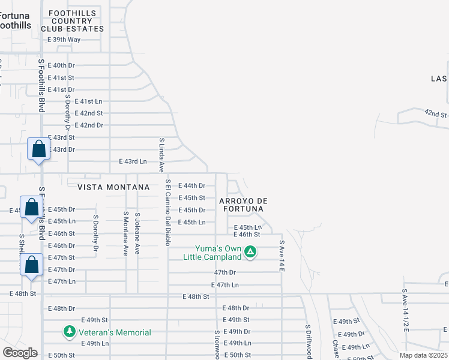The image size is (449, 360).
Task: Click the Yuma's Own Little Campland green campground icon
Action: (251, 253)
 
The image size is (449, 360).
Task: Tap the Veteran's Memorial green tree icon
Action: (70, 332)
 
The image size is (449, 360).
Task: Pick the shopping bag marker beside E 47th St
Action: (32, 265)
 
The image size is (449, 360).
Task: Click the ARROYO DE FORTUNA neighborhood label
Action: (243, 205)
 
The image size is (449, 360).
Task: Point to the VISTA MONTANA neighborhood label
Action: (113, 187)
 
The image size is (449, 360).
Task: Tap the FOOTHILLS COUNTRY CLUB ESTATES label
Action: (72, 21)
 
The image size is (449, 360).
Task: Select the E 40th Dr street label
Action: (61, 65)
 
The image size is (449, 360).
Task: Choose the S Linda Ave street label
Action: (161, 155)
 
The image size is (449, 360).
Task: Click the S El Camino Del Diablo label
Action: (168, 212)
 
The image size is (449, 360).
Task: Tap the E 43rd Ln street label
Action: (133, 161)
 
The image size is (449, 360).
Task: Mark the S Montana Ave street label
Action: (125, 234)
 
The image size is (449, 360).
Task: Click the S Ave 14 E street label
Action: (281, 256)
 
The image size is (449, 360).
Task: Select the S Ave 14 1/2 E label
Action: (405, 310)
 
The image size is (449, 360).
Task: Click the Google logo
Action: (20, 353)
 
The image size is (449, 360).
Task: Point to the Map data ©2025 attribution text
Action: (423, 355)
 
